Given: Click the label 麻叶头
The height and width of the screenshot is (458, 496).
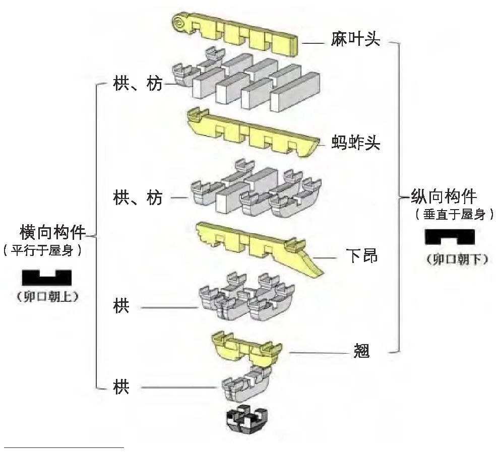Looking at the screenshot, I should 355,40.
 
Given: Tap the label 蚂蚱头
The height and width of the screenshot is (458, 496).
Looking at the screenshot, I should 356,144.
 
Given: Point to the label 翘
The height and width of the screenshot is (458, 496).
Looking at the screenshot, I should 361,351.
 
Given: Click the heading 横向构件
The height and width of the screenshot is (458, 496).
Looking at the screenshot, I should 52,232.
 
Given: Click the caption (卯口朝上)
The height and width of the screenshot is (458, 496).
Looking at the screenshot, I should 46,296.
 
